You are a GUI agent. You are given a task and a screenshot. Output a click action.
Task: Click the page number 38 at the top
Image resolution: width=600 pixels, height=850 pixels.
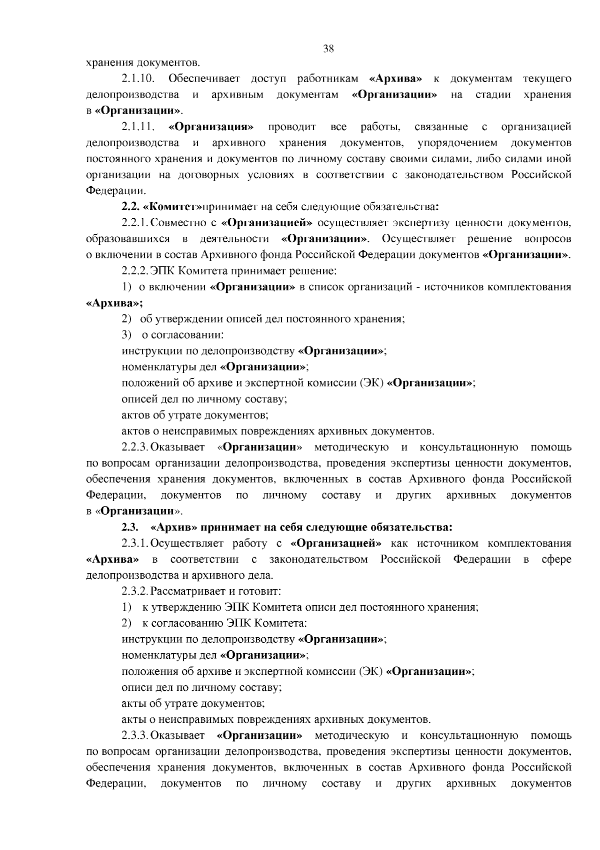[x=328, y=49]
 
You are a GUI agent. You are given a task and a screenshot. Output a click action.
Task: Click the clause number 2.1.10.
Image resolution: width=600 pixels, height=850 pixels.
[x=137, y=79]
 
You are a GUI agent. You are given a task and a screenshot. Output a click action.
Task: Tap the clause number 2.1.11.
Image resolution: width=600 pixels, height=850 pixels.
[x=137, y=127]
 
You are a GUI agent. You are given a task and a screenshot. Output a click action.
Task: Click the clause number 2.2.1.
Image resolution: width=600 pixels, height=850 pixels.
[x=135, y=223]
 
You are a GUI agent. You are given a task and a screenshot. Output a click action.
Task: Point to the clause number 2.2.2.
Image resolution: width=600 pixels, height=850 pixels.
[x=135, y=271]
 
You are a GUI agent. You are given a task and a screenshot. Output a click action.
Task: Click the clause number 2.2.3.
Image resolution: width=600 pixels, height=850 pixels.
[x=135, y=447]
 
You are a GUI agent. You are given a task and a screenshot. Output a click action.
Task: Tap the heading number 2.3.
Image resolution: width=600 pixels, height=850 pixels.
[x=129, y=527]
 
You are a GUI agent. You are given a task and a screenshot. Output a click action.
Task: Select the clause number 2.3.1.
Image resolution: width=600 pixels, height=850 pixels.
[x=135, y=543]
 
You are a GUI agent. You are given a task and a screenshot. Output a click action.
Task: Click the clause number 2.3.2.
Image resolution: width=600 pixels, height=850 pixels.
[x=135, y=591]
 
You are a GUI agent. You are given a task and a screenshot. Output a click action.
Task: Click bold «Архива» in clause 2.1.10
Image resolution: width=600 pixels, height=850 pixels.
[x=395, y=79]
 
